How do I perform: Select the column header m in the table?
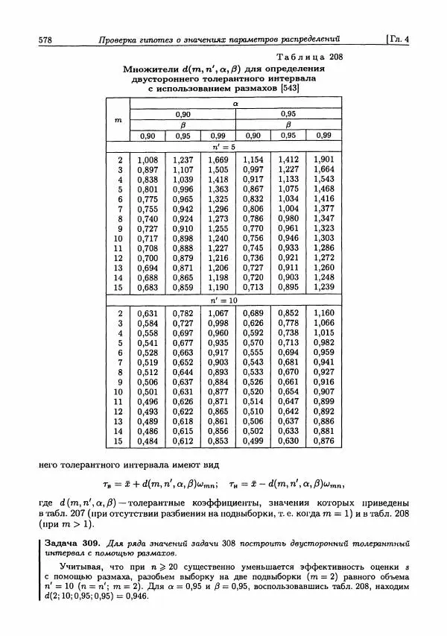[x=118, y=119]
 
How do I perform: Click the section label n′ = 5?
[x=235, y=147]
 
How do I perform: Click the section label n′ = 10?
[x=235, y=300]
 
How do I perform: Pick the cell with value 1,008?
[x=148, y=160]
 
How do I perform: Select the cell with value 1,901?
[x=323, y=160]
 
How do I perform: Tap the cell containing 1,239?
[x=323, y=286]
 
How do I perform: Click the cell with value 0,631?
[x=148, y=313]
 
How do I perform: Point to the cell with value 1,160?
[x=323, y=313]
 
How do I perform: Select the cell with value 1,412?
[x=288, y=160]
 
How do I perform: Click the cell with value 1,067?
[x=218, y=313]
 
